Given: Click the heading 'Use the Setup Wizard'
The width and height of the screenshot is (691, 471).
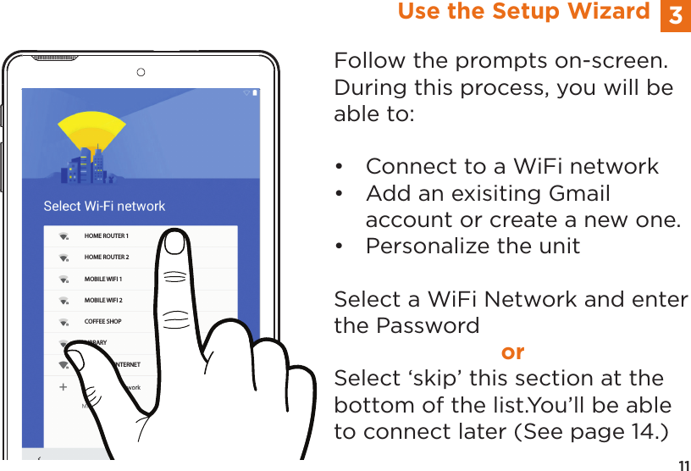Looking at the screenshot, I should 523,12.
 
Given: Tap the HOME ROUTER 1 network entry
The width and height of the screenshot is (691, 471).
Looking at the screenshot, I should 107,235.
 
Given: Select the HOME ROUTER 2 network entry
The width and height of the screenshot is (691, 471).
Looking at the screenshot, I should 107,257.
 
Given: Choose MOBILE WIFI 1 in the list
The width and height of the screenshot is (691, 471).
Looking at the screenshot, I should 103,279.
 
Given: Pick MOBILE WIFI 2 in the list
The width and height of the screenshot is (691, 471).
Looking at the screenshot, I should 103,300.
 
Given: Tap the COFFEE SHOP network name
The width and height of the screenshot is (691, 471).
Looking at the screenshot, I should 102,322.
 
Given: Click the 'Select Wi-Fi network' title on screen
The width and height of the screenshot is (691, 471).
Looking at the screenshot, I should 104,206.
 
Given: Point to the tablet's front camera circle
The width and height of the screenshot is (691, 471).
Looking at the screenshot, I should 141,72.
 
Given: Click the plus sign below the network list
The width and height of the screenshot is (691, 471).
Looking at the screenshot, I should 63,386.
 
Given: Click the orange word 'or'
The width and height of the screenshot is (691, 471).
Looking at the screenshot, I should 512,352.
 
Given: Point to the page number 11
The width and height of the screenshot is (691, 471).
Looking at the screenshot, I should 683,463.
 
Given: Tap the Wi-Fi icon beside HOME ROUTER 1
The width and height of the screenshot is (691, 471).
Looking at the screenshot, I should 64,236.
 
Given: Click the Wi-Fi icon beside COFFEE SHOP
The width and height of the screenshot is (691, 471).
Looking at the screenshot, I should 64,323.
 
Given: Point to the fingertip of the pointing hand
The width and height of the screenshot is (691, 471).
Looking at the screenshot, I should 176,243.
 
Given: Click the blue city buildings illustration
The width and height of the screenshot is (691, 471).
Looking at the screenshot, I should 90,168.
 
